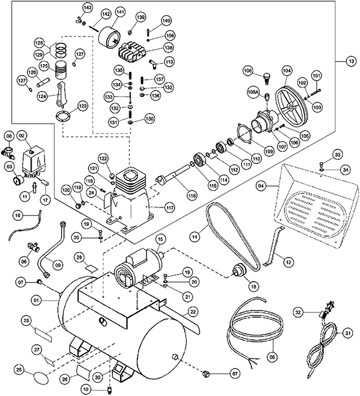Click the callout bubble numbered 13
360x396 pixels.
coord(350,61)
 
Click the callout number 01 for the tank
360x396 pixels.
coord(37,300)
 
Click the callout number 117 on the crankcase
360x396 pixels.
coord(170,208)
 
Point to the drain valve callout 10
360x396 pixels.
coord(85,389)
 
